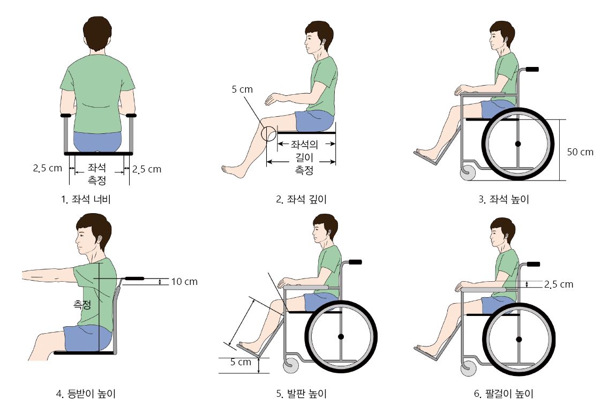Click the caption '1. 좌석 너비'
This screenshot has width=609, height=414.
pyautogui.click(x=86, y=200)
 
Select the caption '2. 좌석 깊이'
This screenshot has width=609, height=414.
pyautogui.click(x=302, y=200)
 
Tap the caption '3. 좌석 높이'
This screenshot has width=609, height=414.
pyautogui.click(x=503, y=200)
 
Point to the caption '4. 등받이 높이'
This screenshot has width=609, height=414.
pyautogui.click(x=86, y=394)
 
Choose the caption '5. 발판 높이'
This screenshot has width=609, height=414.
pyautogui.click(x=302, y=394)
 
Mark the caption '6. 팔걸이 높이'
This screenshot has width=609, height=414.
pyautogui.click(x=503, y=394)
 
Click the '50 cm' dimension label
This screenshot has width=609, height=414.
pyautogui.click(x=580, y=152)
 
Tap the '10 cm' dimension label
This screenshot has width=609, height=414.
pyautogui.click(x=184, y=282)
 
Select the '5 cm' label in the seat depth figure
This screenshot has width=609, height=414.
pyautogui.click(x=242, y=89)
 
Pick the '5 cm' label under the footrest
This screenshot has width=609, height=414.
pyautogui.click(x=241, y=362)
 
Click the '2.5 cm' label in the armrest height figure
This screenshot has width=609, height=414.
pyautogui.click(x=559, y=284)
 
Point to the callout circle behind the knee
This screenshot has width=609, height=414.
pyautogui.click(x=268, y=133)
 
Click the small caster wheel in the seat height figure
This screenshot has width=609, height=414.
pyautogui.click(x=467, y=173)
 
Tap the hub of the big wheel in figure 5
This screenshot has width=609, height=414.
pyautogui.click(x=341, y=336)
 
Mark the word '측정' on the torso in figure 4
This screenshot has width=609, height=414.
pyautogui.click(x=82, y=305)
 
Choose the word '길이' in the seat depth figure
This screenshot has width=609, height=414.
pyautogui.click(x=304, y=157)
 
